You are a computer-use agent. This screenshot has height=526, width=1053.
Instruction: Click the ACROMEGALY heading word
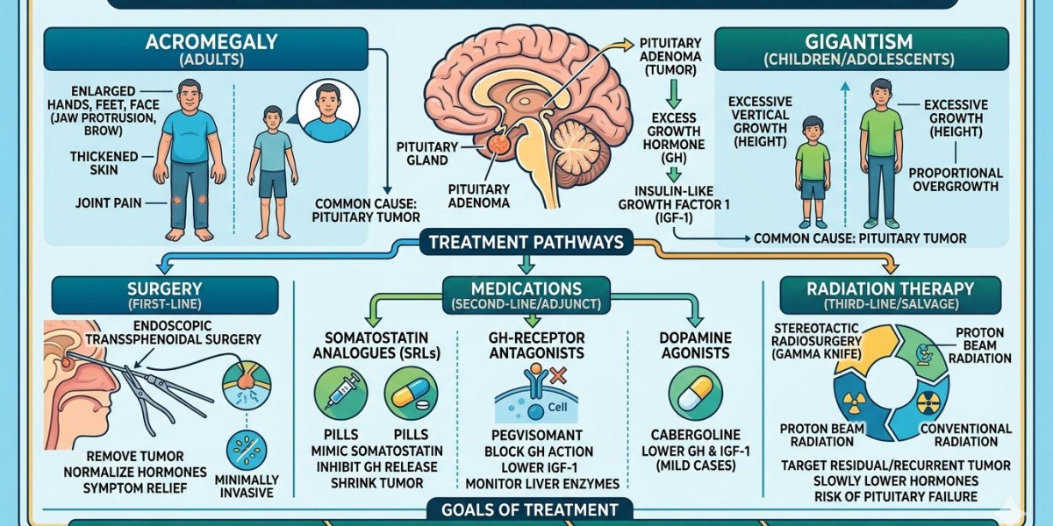[x=211, y=42]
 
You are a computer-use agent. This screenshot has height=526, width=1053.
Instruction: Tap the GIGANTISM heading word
[x=859, y=42]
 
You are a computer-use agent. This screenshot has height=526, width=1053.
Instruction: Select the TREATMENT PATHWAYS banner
[x=526, y=242]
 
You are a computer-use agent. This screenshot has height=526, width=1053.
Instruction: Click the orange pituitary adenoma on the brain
[x=498, y=144]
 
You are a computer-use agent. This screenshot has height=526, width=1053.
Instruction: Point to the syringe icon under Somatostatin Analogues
[x=340, y=394]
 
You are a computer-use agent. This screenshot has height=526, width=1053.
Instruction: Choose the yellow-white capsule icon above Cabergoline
[x=695, y=394]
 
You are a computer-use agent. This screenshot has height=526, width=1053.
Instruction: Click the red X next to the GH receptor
[x=558, y=376]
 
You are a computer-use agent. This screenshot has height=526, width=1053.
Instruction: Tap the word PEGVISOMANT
[x=536, y=435]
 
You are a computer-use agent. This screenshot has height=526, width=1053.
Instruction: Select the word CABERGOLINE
[x=695, y=435]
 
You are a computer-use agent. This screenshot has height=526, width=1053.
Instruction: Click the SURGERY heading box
[x=165, y=295]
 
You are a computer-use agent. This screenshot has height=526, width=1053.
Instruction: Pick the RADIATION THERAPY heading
[x=891, y=295]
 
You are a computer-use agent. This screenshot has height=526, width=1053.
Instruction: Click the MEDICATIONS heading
[x=526, y=295]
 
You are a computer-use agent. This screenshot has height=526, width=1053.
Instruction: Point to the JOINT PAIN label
[x=109, y=203]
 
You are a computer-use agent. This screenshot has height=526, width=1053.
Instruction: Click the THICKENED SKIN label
[x=104, y=163]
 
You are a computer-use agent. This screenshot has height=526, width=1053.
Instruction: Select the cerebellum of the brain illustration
[x=577, y=151]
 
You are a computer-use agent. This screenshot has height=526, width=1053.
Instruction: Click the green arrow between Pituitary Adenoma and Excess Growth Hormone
[x=674, y=94]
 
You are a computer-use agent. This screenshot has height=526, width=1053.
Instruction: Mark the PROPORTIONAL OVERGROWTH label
[x=956, y=180]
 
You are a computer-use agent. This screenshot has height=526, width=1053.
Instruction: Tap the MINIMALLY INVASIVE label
[x=247, y=487]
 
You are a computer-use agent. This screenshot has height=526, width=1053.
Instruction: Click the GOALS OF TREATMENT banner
[x=530, y=510]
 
